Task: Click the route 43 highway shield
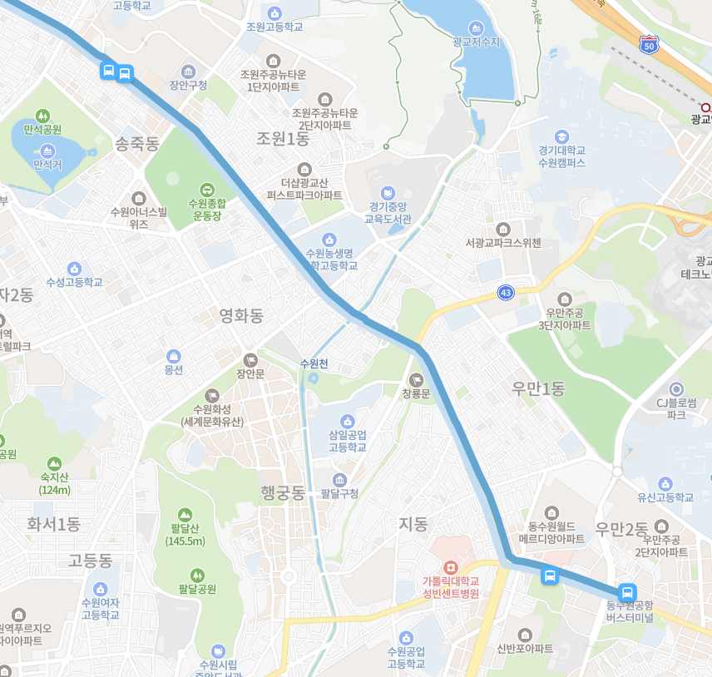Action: tap(506, 292)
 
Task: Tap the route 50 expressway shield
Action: tap(650, 42)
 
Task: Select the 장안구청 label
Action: tap(188, 85)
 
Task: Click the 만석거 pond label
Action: tap(47, 165)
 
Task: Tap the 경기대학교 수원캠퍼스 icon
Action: tap(561, 136)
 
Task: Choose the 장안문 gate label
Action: tap(250, 373)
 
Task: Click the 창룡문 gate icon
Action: tap(417, 379)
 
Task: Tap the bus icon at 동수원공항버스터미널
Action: tap(628, 592)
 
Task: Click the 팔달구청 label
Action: tap(339, 493)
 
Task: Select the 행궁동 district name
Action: tap(283, 493)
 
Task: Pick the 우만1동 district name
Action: tap(538, 388)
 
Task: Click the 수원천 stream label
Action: tap(314, 363)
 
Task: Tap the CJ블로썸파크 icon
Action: tap(676, 388)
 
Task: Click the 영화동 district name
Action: tap(241, 315)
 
